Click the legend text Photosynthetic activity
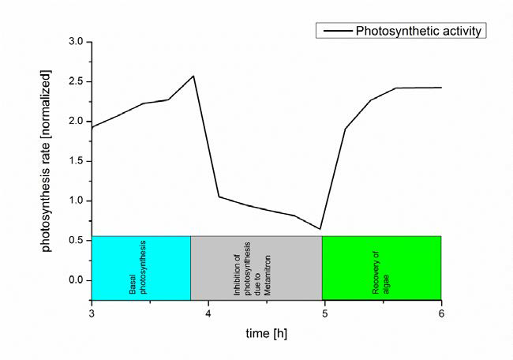419,32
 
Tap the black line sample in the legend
335,32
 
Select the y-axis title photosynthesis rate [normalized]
47,170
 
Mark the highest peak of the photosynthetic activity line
193,76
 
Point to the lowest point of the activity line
320,229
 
